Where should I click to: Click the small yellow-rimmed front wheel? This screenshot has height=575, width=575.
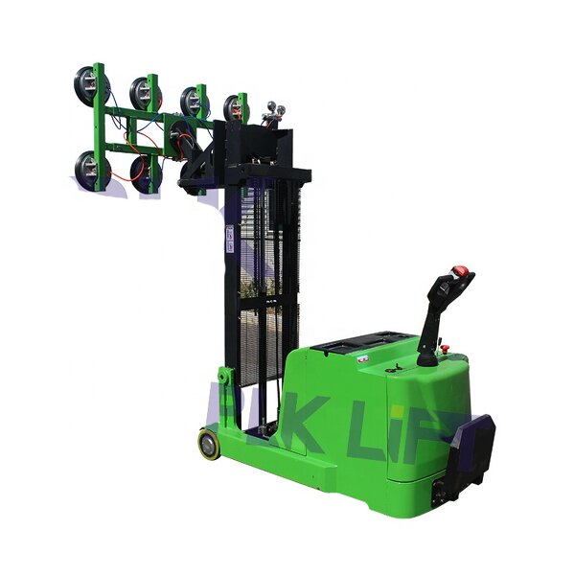point(208,443)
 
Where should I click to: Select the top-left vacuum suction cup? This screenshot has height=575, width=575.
point(89,87)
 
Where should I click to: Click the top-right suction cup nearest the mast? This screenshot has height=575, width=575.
point(233,108)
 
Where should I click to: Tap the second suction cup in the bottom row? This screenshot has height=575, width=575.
point(142,174)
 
